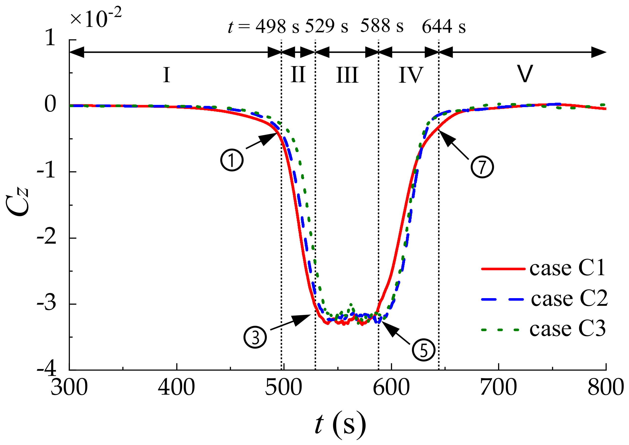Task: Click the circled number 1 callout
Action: click(x=232, y=160)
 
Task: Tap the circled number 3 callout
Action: click(x=255, y=337)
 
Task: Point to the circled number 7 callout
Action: click(x=482, y=167)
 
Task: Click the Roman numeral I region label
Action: click(x=166, y=75)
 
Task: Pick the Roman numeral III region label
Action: click(x=347, y=75)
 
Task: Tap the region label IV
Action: click(x=411, y=75)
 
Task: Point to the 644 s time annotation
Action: click(x=443, y=27)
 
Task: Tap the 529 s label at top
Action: click(x=326, y=27)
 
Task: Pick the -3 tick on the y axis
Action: click(x=47, y=303)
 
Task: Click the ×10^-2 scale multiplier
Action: click(x=95, y=18)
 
